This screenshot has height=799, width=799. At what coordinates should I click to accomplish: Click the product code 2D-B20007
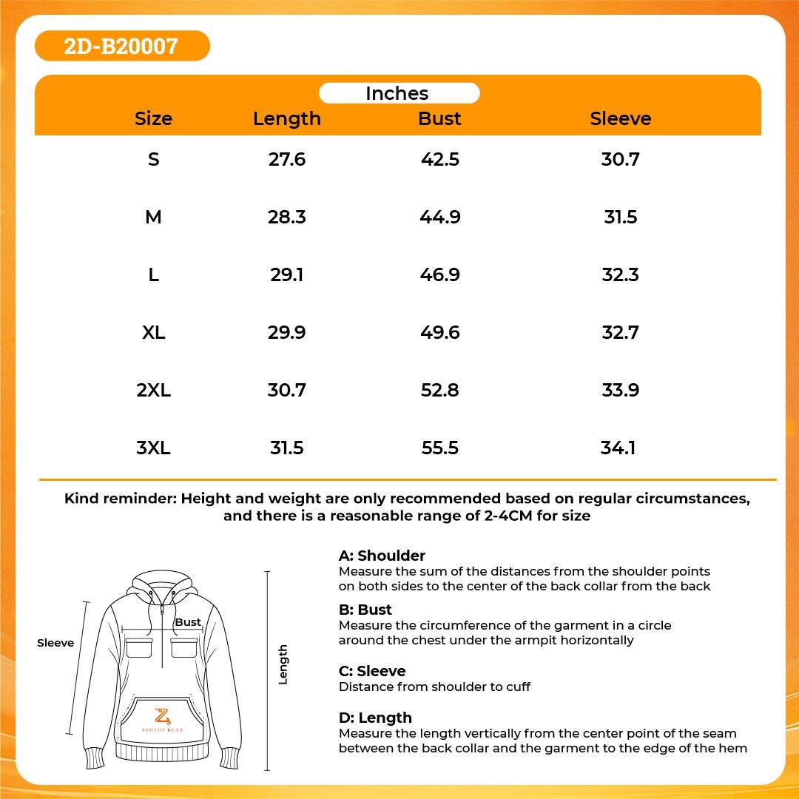pos(121,47)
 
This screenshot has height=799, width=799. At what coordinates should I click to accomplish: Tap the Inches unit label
pos(397,93)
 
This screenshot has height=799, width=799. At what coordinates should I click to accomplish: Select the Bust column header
pos(439,118)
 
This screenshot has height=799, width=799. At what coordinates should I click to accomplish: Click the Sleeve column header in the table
pos(620,118)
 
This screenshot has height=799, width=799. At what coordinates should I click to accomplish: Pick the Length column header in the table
pos(287,118)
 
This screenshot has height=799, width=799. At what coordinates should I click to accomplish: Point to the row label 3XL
pos(153,448)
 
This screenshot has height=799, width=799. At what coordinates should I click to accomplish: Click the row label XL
pos(153,333)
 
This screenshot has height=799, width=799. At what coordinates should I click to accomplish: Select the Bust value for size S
pos(439,160)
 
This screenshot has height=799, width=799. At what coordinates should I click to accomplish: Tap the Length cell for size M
pos(287,217)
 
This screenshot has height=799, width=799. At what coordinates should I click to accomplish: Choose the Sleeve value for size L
pos(620,274)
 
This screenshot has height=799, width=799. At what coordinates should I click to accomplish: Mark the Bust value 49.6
pos(439,333)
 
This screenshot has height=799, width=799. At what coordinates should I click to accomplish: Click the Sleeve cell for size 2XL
pos(620,391)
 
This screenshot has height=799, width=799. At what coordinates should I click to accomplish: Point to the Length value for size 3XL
pos(287,448)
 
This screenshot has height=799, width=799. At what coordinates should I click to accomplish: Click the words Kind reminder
pos(120,499)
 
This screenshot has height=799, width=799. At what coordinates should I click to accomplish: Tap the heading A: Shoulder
pos(382,556)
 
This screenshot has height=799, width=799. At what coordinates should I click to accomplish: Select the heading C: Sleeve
pos(372,671)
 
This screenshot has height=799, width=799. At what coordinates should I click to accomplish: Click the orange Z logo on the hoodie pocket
pos(162,715)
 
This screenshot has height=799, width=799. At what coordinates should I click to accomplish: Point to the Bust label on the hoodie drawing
pos(188,622)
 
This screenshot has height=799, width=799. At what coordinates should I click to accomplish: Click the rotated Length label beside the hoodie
pos(283,664)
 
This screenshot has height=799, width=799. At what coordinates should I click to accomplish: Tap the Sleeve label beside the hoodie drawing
pos(55,643)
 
